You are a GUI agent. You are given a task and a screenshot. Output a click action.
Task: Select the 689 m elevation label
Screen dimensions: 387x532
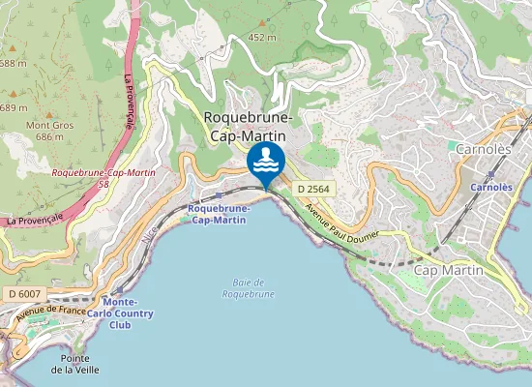pyautogui.click(x=12, y=107)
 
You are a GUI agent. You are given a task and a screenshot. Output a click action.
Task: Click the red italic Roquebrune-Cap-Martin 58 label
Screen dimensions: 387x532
pyautogui.click(x=104, y=177)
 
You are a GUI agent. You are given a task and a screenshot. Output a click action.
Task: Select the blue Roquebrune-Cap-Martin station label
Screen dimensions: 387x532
pyautogui.click(x=219, y=214)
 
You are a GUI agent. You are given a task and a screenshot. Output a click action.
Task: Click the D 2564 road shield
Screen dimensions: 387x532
pyautogui.click(x=314, y=188)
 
